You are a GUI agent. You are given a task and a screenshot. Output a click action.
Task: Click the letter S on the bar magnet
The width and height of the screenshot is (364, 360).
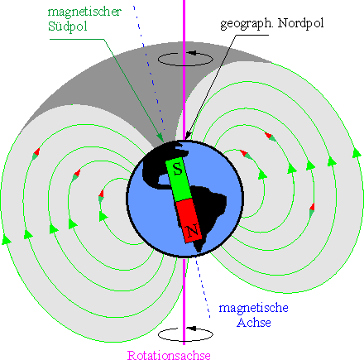(178, 169)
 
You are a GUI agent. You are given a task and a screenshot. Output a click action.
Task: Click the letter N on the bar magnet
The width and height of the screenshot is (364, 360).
(193, 230)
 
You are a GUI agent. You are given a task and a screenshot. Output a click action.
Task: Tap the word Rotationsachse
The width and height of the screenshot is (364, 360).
(169, 355)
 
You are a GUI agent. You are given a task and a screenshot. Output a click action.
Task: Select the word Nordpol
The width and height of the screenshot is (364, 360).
(300, 23)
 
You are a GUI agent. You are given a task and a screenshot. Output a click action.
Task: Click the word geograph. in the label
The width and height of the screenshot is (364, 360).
(247, 24)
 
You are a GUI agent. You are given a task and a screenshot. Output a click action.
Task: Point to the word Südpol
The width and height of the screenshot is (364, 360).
(68, 26)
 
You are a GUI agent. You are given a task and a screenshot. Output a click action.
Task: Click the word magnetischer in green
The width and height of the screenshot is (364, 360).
(84, 12)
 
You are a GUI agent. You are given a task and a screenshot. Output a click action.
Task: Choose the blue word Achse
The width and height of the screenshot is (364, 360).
(254, 323)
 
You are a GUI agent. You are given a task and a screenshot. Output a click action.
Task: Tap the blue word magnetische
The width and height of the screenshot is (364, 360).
(254, 308)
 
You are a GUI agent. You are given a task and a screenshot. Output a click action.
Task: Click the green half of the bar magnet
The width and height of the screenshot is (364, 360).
(179, 180)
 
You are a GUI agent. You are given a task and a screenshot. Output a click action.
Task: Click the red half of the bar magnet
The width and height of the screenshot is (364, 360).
(189, 221)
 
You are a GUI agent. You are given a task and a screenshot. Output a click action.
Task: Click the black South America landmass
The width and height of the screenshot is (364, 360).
(208, 209)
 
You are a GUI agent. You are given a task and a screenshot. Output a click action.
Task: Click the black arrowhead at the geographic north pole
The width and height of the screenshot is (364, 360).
(188, 136)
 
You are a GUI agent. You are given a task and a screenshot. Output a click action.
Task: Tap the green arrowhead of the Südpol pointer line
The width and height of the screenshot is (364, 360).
(160, 137)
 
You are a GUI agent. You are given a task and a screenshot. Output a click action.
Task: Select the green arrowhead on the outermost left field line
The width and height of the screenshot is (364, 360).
(6, 239)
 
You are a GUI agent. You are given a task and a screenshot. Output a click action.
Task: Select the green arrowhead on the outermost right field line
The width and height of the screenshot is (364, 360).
(357, 152)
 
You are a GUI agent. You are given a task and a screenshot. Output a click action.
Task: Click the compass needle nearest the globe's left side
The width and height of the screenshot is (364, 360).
(101, 196)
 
